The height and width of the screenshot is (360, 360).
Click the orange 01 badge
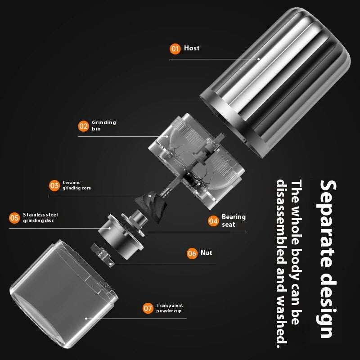tap(175, 49)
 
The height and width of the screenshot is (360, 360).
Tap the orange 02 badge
tap(83, 126)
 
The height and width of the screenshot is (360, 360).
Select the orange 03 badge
tap(54, 185)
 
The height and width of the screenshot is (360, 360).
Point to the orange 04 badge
tap(213, 221)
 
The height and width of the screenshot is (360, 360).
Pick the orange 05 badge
tap(14, 218)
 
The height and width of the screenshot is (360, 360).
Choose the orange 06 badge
tap(192, 253)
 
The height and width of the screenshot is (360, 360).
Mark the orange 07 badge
tap(148, 308)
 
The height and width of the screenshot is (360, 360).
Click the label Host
tap(192, 48)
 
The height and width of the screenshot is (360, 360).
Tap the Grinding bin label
tap(104, 126)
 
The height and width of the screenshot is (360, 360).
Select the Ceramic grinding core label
tap(76, 185)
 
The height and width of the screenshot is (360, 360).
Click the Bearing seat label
tap(234, 220)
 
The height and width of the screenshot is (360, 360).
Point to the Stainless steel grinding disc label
tap(40, 218)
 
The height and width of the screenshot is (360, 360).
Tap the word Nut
tap(207, 253)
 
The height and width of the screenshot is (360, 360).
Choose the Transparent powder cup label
tap(170, 308)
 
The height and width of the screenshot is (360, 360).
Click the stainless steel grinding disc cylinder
tap(121, 237)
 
